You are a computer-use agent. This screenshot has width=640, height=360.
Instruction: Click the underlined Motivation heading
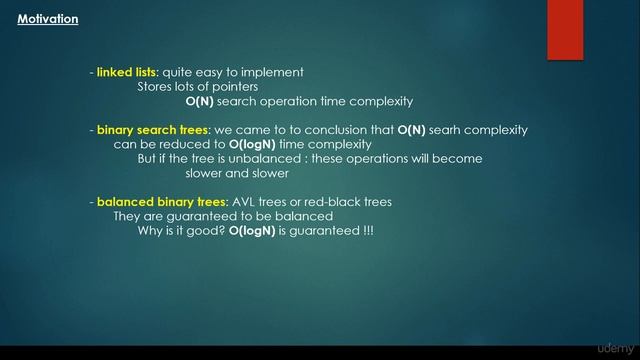[x=47, y=19]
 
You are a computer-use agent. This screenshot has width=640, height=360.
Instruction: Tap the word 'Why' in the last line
[x=151, y=231]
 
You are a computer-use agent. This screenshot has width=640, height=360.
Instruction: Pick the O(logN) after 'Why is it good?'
[x=251, y=231]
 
